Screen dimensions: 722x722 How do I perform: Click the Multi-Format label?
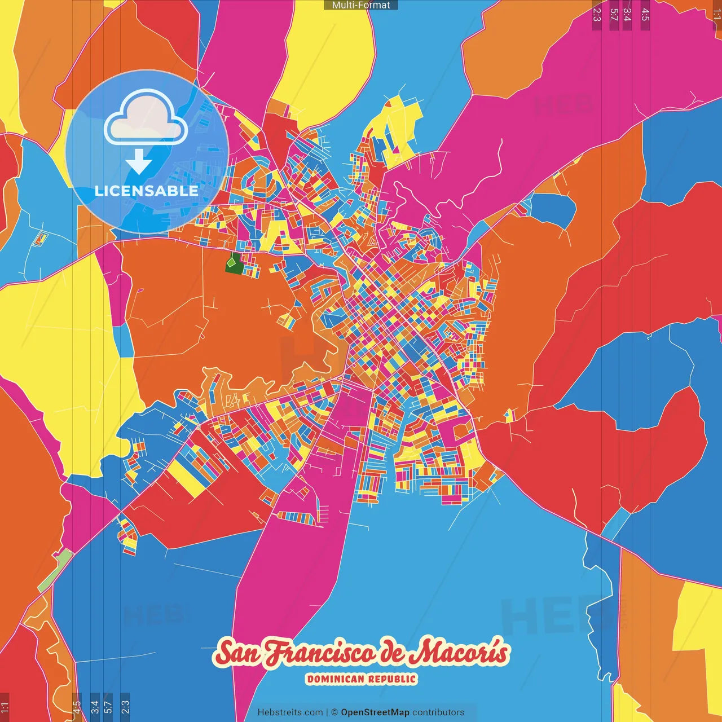tap(361, 5)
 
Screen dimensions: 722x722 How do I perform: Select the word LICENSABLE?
tap(147, 191)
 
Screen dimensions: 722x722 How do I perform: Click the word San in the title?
tap(239, 653)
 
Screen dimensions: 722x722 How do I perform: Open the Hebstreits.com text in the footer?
tap(290, 712)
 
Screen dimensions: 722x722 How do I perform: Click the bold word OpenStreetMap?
tap(375, 712)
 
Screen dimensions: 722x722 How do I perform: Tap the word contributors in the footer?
tap(438, 712)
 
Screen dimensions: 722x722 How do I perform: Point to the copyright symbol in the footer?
tap(334, 712)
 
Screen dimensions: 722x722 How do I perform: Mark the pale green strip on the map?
tap(56, 570)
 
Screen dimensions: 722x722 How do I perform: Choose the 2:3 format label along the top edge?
tap(597, 15)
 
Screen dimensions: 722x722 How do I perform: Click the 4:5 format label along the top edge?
tap(645, 15)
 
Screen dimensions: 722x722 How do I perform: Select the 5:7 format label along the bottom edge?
tap(108, 706)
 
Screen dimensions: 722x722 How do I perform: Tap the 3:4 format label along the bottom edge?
tap(94, 706)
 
